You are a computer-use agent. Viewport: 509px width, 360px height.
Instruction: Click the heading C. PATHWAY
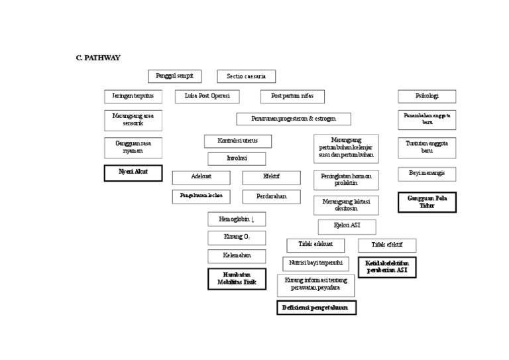click(x=98, y=58)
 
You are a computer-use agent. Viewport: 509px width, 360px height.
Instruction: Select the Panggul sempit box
click(x=174, y=76)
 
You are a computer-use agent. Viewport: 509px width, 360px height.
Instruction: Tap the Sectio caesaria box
click(x=246, y=77)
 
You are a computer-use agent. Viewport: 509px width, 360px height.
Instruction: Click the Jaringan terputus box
click(x=133, y=96)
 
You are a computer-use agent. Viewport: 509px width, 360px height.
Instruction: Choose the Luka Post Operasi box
click(x=207, y=96)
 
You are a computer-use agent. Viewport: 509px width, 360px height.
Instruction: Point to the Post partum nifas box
click(x=292, y=97)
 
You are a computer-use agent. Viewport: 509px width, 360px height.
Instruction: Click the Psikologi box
click(x=427, y=96)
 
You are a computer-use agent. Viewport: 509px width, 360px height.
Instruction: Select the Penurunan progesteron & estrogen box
click(x=294, y=119)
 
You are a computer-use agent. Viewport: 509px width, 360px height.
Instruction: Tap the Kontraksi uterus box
click(x=237, y=141)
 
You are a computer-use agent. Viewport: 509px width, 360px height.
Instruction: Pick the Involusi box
click(x=237, y=158)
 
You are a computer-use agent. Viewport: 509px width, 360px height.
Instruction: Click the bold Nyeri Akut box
click(x=133, y=172)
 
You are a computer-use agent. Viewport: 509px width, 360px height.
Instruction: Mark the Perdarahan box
click(x=270, y=196)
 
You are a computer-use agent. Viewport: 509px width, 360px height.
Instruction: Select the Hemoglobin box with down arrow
click(x=237, y=219)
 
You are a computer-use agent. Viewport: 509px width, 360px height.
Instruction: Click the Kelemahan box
click(x=237, y=256)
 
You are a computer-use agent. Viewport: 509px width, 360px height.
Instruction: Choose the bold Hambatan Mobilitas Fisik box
click(x=237, y=279)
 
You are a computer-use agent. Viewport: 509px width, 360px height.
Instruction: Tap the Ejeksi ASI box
click(x=347, y=227)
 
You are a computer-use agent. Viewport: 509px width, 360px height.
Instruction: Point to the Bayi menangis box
click(x=427, y=174)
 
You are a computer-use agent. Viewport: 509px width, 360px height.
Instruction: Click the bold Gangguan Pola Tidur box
click(x=427, y=202)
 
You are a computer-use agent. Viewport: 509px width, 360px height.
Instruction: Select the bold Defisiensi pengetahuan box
click(x=316, y=308)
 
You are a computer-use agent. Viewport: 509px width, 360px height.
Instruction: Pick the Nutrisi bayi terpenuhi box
click(x=315, y=263)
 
